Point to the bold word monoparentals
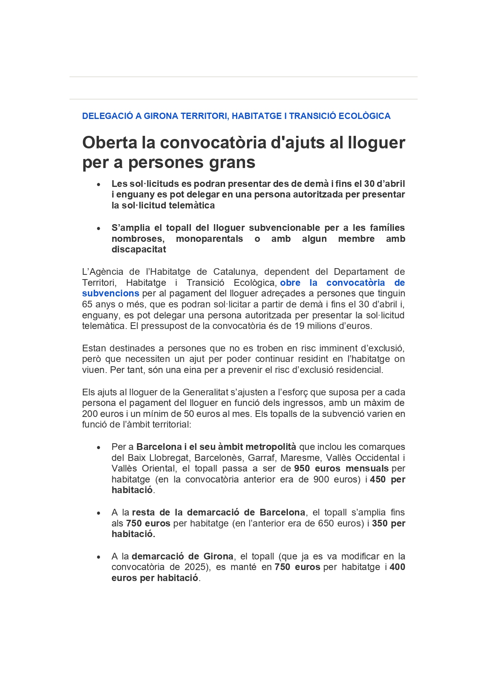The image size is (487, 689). coord(209,239)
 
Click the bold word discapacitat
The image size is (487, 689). coord(139,249)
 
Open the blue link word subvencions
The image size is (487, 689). coord(110,293)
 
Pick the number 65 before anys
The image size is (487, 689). coord(87,304)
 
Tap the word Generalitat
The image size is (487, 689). coord(203,392)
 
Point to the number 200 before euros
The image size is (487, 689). coord(90,414)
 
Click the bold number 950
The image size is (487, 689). coord(302,468)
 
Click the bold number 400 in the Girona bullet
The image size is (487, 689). coord(397,567)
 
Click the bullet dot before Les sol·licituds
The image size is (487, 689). coord(99,184)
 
